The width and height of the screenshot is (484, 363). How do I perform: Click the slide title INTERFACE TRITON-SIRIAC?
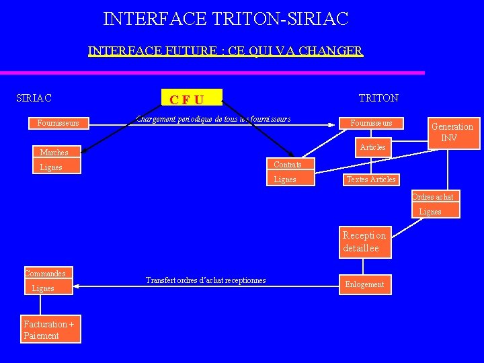(226, 18)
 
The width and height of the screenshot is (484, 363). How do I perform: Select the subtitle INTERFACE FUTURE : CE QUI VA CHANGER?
(225, 51)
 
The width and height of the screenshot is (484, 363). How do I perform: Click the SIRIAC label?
(34, 98)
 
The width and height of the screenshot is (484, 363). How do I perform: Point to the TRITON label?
(378, 98)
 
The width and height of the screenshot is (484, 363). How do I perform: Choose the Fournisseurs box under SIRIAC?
(58, 123)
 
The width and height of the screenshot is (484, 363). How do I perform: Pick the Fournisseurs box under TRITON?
(372, 123)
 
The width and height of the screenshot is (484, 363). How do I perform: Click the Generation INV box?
(452, 132)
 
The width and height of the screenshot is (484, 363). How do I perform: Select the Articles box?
(372, 147)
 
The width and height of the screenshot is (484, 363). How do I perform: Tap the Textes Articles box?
(370, 179)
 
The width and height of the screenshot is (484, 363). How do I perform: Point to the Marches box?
(54, 153)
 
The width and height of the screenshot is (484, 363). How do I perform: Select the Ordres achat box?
(433, 197)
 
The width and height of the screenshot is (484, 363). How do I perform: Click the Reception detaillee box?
(364, 242)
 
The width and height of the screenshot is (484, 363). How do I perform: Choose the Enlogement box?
(364, 284)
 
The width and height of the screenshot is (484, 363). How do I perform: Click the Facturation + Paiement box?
(50, 329)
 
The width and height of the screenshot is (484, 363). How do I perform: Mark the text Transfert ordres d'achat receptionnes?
(206, 280)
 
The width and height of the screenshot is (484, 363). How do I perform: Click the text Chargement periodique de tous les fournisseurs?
(213, 119)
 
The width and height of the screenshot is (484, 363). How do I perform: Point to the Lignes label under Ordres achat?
(430, 212)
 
